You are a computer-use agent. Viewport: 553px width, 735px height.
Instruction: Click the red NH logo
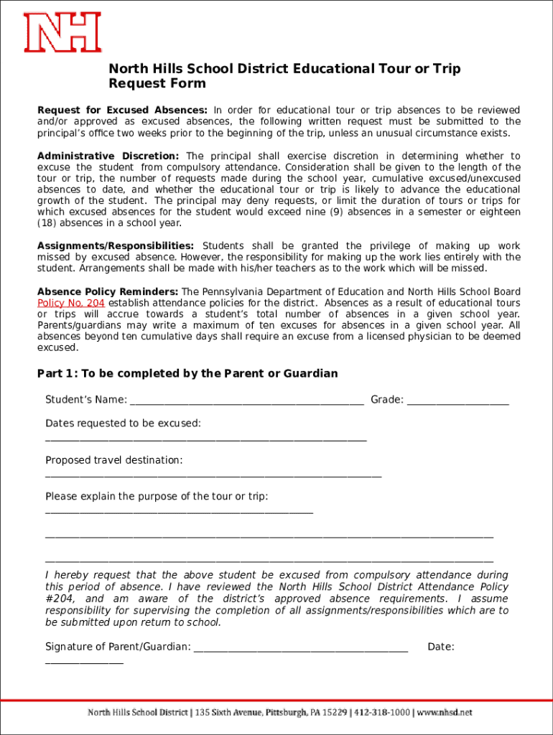pyautogui.click(x=62, y=32)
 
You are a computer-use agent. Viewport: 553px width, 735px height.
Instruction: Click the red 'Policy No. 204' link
pyautogui.click(x=71, y=303)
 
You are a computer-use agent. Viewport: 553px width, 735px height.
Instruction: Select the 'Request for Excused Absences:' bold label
pyautogui.click(x=122, y=111)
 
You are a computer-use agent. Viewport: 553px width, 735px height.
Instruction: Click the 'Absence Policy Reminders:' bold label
pyautogui.click(x=108, y=292)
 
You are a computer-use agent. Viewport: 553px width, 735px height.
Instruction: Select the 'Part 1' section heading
pyautogui.click(x=187, y=374)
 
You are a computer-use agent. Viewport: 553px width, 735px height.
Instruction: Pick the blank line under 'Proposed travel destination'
pyautogui.click(x=213, y=475)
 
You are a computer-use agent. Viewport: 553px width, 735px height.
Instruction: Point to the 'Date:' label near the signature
pyautogui.click(x=440, y=647)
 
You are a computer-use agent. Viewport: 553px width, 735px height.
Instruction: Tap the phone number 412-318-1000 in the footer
pyautogui.click(x=381, y=713)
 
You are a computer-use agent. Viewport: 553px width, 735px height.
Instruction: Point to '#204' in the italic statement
pyautogui.click(x=58, y=599)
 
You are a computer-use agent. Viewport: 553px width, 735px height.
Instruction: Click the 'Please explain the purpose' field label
pyautogui.click(x=157, y=497)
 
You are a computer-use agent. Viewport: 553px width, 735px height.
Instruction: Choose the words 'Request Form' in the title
pyautogui.click(x=157, y=84)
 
